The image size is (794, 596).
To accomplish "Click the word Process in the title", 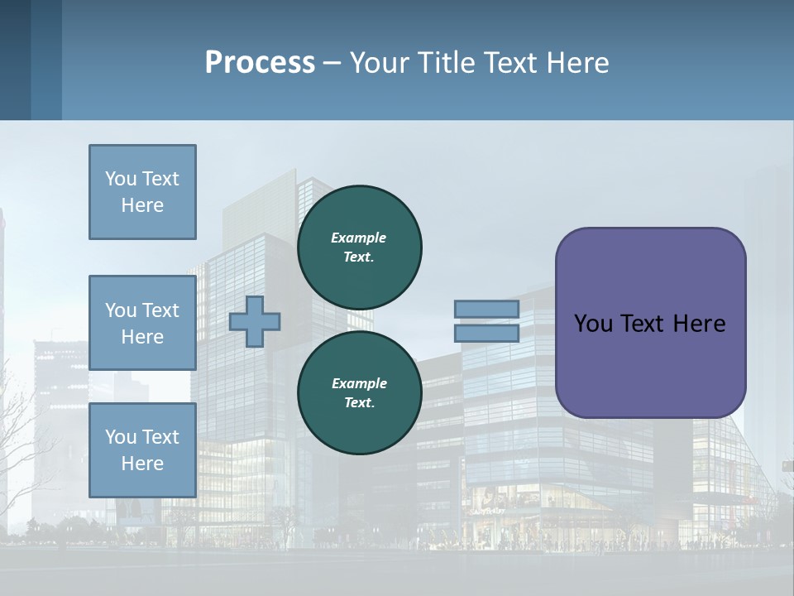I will tap(260, 63).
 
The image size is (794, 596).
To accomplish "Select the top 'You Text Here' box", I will tap(142, 192).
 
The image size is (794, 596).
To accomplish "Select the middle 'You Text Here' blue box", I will tap(142, 323).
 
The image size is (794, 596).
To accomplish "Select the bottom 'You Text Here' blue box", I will tap(142, 449).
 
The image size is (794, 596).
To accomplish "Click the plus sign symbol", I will tap(255, 321).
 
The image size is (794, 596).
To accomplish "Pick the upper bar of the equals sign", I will tap(487, 310).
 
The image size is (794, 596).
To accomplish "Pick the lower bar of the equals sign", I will tap(487, 333).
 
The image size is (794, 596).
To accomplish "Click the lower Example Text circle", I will tap(359, 392).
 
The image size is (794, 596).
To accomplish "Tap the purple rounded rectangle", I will tap(650, 323).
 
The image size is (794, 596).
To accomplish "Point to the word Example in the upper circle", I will tap(359, 238).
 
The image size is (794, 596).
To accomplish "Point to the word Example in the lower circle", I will tap(359, 383).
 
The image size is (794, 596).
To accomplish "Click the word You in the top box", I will tap(120, 179).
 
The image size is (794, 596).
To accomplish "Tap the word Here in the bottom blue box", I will tap(142, 464).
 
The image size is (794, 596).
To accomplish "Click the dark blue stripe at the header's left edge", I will tap(15, 60).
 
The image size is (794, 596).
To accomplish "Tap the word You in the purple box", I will tap(592, 324).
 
